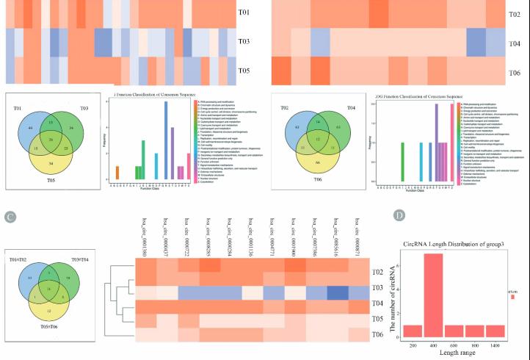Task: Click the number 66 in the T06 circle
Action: (x=318, y=160)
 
